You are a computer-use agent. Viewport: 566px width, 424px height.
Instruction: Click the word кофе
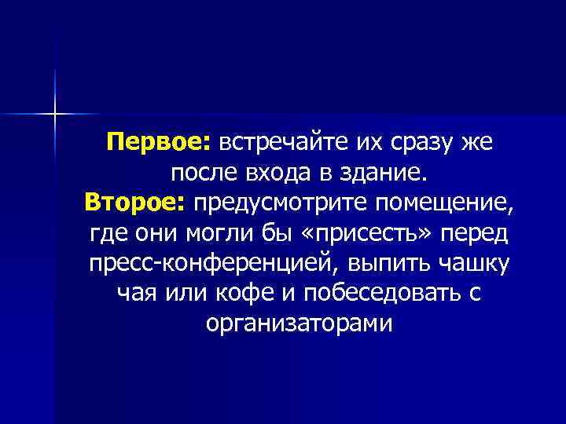coord(239,293)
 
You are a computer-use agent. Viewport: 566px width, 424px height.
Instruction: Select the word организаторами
coord(297,323)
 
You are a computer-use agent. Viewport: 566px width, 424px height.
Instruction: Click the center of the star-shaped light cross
coord(55,114)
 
